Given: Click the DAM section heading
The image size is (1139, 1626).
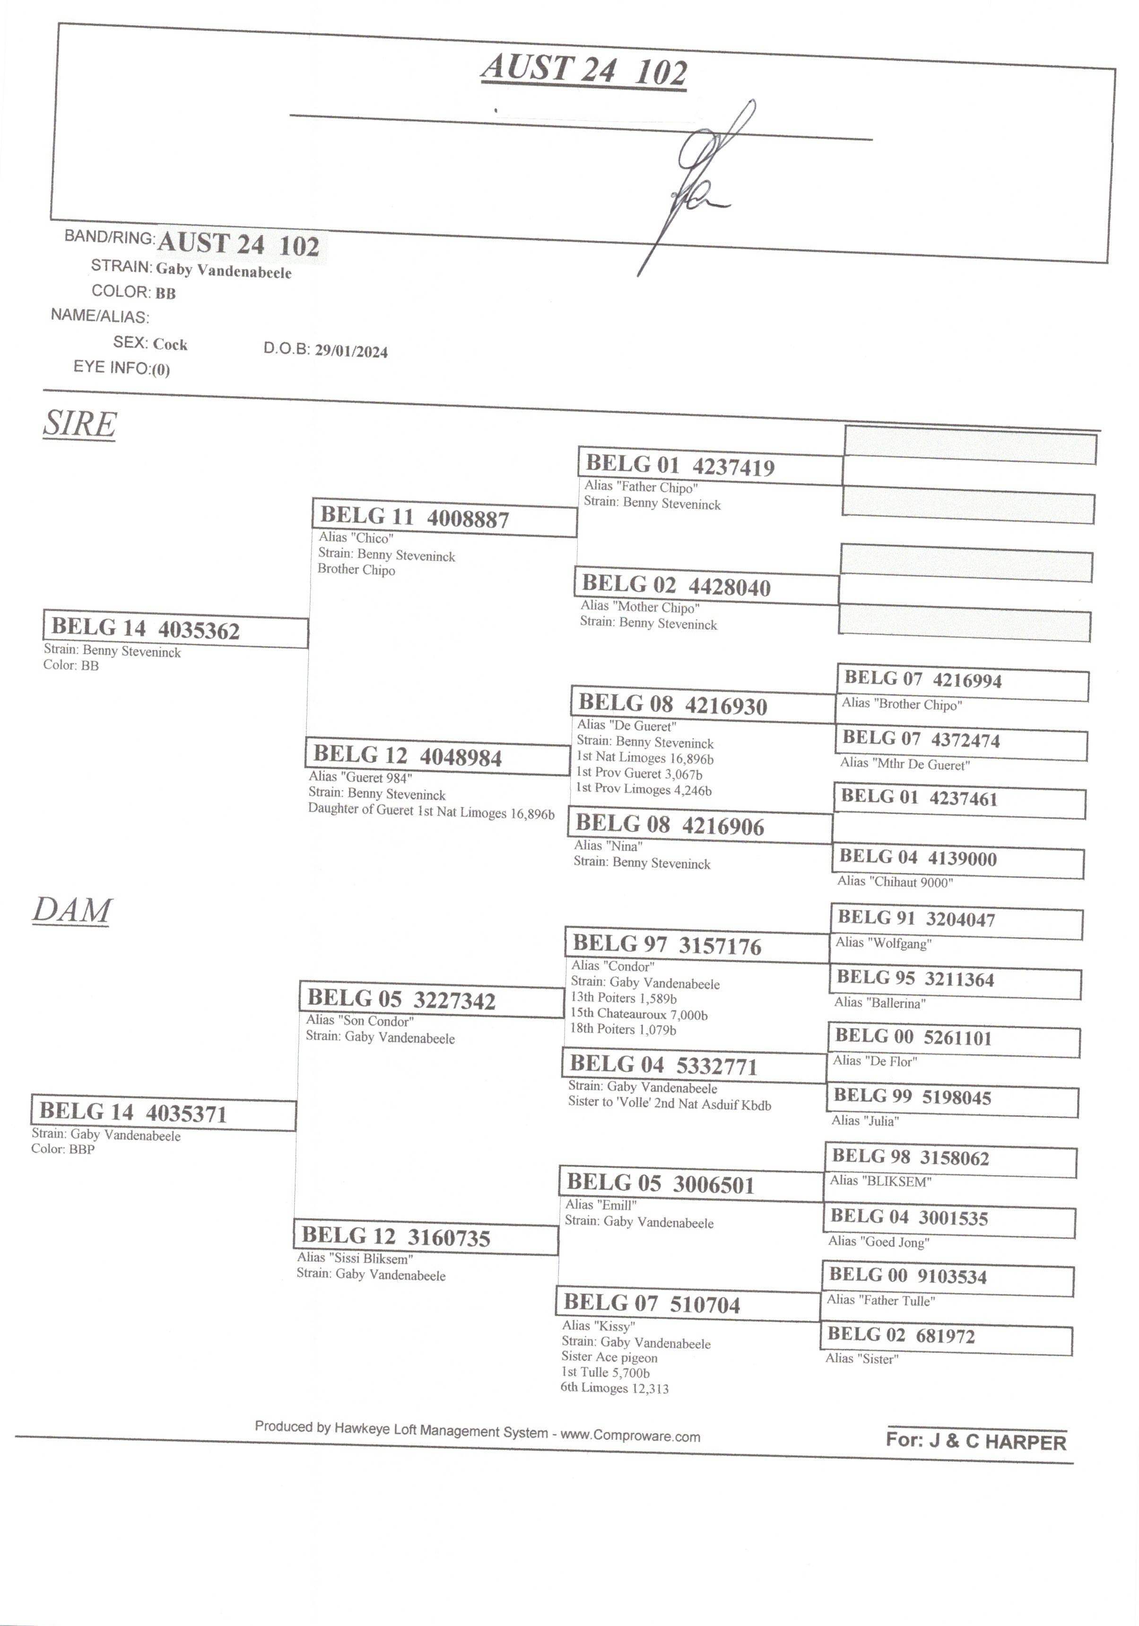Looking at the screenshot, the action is tap(72, 911).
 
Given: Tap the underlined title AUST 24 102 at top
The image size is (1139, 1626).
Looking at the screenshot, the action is tap(584, 70).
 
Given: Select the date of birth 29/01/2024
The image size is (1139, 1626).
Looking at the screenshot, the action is tap(351, 351).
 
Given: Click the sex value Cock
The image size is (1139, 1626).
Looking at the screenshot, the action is tap(170, 344).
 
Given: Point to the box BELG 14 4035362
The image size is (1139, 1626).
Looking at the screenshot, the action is tap(175, 628).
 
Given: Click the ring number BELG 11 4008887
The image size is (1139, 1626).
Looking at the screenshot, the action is tap(415, 517).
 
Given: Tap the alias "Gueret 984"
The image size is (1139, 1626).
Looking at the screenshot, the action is tap(360, 777).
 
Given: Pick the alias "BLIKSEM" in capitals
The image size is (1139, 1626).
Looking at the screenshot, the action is tap(881, 1180).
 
